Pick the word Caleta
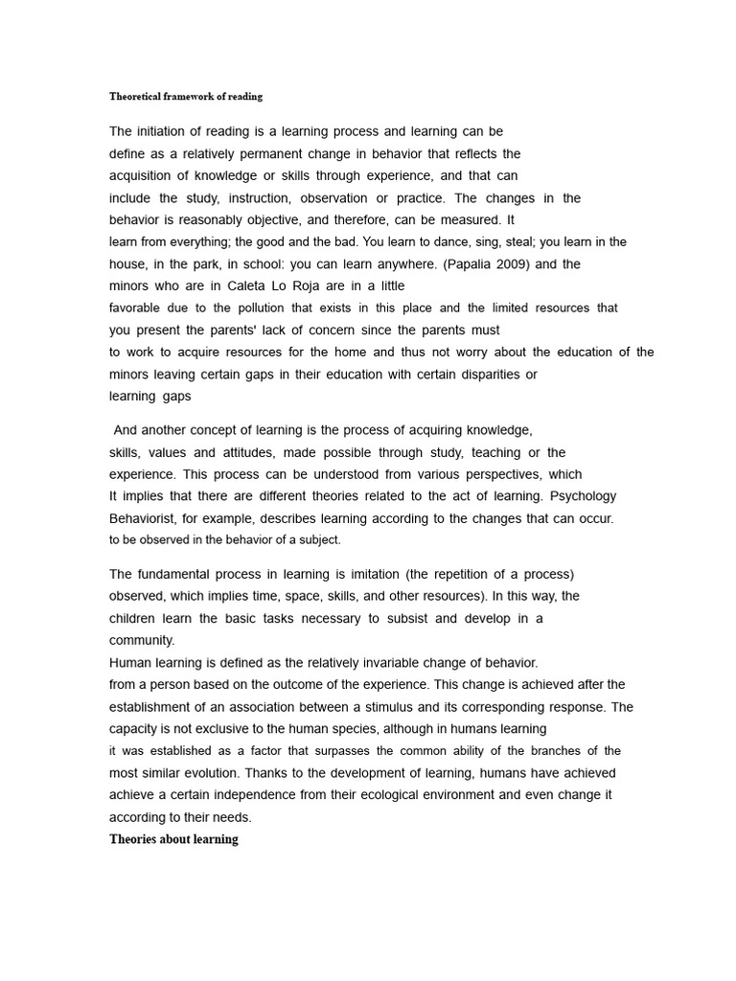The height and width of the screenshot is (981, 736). [x=252, y=285]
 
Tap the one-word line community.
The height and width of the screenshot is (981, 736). [x=142, y=640]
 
